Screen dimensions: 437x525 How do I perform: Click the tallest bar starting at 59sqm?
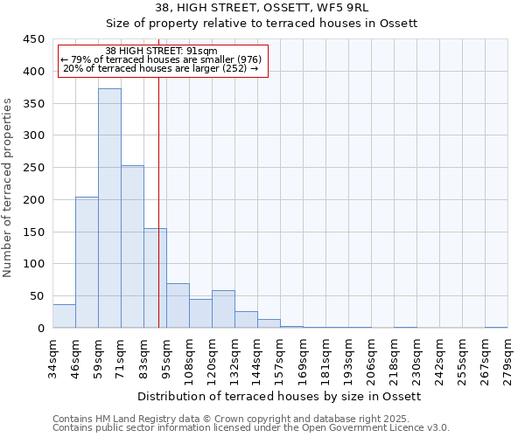[109, 208]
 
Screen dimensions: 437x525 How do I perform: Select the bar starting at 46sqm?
[87, 262]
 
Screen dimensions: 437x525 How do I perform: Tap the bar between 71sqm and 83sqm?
[132, 246]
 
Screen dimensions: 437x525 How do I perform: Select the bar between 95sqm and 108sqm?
[178, 306]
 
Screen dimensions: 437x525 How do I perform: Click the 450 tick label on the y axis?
[33, 39]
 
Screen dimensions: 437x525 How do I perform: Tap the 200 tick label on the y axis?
[33, 200]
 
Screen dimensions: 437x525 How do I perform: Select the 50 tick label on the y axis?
[37, 296]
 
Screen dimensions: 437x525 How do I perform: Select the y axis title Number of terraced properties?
[9, 188]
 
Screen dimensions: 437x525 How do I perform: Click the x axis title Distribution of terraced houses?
[280, 397]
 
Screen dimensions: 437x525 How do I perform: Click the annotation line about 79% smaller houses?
[161, 59]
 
